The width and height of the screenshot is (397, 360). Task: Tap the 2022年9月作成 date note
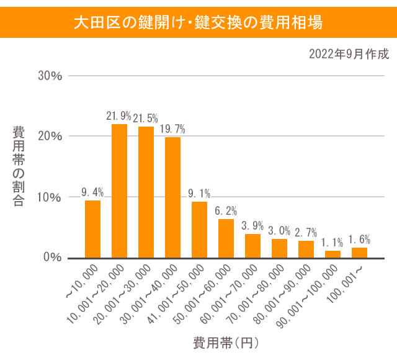tap(349, 55)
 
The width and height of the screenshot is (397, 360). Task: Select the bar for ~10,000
tap(92, 228)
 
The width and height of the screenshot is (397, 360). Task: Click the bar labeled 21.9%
tap(119, 191)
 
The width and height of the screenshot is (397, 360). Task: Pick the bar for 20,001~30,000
tap(146, 192)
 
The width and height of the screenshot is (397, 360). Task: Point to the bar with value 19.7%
tap(172, 197)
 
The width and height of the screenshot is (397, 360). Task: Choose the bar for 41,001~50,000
tap(199, 229)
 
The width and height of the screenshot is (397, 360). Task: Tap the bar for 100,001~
tap(359, 252)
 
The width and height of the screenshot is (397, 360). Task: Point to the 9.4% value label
tap(92, 192)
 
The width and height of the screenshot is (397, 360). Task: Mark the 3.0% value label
tap(279, 231)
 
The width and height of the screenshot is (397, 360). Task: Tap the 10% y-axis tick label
tap(50, 197)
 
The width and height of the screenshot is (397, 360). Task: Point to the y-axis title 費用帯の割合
tap(19, 166)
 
